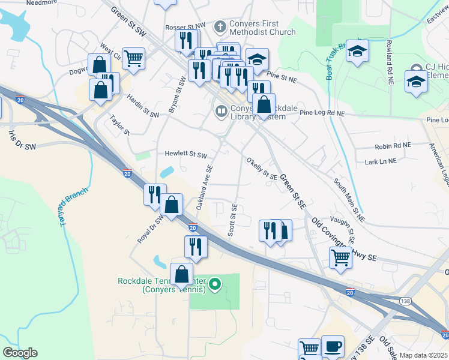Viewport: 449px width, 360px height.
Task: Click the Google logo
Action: (x=20, y=353)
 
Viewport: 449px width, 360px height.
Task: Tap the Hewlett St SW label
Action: (x=185, y=154)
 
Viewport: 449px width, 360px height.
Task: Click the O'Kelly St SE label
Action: (x=262, y=168)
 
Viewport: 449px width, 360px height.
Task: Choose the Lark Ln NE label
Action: (x=381, y=161)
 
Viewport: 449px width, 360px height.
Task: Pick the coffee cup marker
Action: (x=333, y=346)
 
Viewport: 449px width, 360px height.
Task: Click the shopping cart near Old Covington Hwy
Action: (x=340, y=257)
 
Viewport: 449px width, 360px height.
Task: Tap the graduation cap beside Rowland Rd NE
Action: (x=357, y=51)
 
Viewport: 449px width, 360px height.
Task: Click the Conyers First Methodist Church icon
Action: (x=220, y=27)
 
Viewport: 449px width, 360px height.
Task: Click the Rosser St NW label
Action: (x=184, y=25)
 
